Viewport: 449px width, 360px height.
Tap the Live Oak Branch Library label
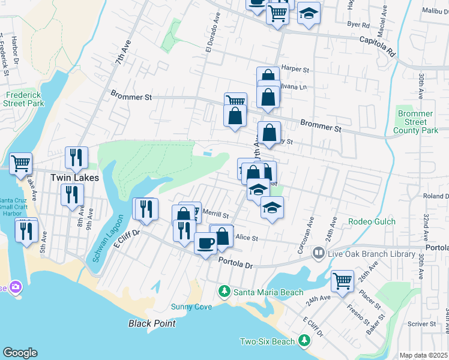(x=372, y=254)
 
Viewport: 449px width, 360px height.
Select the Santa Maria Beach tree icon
(x=224, y=292)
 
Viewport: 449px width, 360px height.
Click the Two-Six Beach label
(x=268, y=341)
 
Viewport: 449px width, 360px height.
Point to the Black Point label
(x=152, y=323)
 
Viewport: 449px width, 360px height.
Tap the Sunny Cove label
(x=191, y=307)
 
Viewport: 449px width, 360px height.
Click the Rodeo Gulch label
(x=372, y=221)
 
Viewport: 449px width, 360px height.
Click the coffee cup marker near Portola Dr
(x=205, y=244)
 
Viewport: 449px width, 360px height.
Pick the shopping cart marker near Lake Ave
(x=20, y=163)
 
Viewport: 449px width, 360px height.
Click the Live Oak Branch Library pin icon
(x=318, y=254)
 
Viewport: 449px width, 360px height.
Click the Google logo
(x=20, y=353)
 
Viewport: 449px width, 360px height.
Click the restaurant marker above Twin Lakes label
(x=76, y=157)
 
